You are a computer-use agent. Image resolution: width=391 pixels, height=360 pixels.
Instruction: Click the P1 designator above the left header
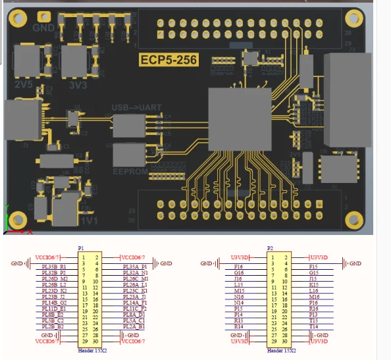pyautogui.click(x=81, y=248)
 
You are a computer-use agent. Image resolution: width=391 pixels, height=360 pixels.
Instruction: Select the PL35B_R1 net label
pyautogui.click(x=55, y=267)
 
